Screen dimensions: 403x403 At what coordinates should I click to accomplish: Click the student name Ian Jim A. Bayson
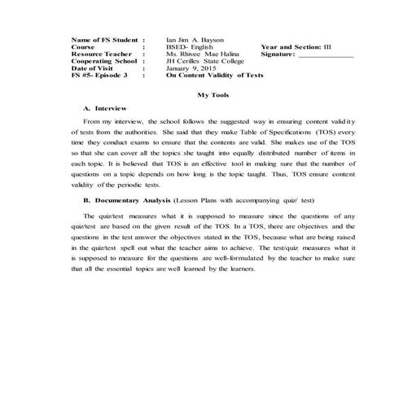(x=195, y=39)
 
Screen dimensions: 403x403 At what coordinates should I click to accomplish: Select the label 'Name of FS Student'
(x=102, y=39)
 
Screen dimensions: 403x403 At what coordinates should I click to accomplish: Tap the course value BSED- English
(x=190, y=47)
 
